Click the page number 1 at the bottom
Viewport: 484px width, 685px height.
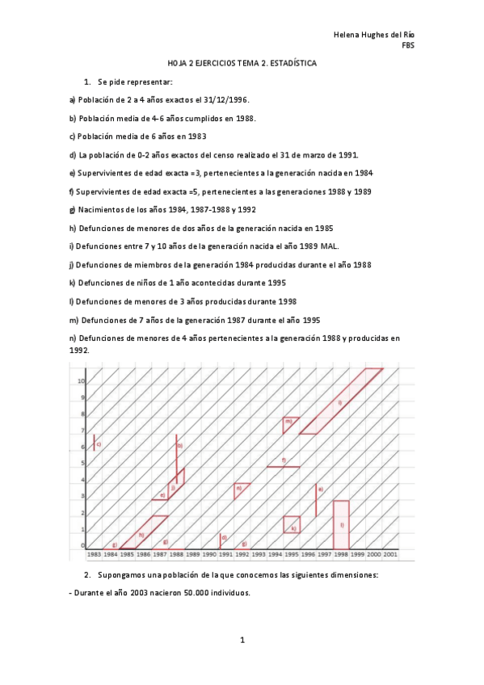242,640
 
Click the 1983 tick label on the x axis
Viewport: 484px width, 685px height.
94,555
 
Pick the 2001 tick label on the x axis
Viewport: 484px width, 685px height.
390,555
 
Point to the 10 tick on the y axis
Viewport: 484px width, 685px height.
81,380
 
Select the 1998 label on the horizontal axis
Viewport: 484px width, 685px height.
341,555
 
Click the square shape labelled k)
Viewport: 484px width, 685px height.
292,524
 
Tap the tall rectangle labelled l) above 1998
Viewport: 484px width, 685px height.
341,525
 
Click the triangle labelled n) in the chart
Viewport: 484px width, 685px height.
240,490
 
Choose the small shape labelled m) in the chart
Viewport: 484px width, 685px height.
290,422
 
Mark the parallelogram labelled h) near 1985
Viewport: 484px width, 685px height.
144,532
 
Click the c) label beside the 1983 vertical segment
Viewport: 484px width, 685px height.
99,443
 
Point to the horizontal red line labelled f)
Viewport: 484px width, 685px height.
284,466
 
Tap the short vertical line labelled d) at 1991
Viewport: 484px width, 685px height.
221,540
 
